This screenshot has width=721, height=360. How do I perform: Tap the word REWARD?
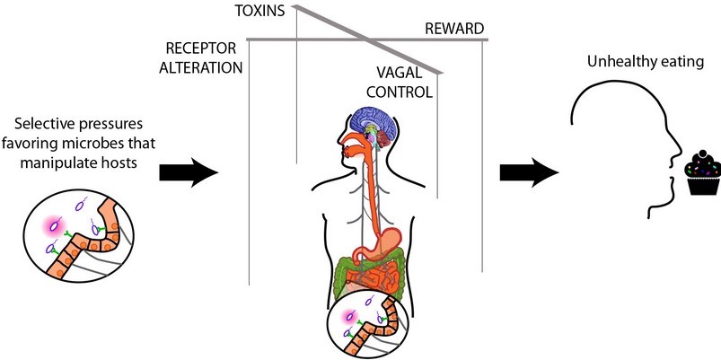pos(453,30)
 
